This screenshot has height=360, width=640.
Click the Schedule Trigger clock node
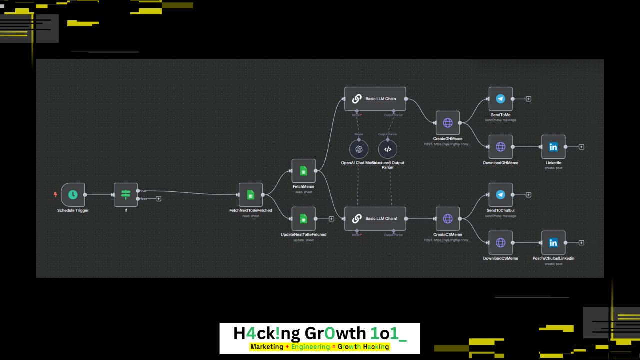click(73, 195)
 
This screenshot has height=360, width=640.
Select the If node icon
click(125, 195)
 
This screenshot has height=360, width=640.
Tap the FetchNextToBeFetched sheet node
click(250, 195)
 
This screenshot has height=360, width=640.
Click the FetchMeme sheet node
click(303, 171)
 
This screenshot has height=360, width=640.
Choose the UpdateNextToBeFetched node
click(303, 219)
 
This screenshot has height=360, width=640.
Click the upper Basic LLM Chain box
click(375, 99)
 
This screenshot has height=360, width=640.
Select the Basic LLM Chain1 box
click(375, 219)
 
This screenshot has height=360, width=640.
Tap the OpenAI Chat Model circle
click(358, 149)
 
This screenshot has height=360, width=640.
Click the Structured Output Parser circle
click(387, 149)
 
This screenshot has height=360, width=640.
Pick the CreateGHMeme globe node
click(447, 123)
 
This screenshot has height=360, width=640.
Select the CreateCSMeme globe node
click(447, 219)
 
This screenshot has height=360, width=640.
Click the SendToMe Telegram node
click(500, 99)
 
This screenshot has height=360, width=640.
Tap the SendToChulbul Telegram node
click(500, 195)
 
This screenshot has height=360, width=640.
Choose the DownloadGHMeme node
click(500, 147)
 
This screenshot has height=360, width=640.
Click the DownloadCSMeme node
click(500, 243)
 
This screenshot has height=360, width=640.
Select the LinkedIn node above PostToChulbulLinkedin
click(553, 147)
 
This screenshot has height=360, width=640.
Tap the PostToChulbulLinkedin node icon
click(553, 243)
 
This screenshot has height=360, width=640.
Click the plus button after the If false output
click(158, 199)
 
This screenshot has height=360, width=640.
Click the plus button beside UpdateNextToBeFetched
click(331, 219)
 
